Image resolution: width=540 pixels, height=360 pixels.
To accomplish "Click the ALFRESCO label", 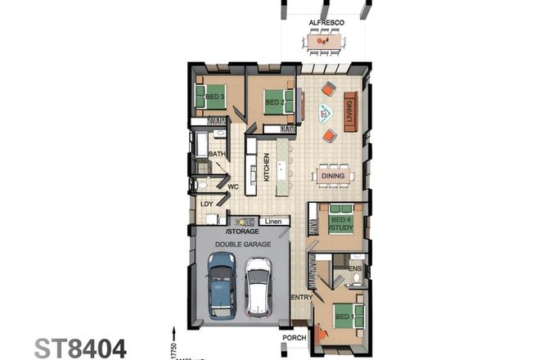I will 325,22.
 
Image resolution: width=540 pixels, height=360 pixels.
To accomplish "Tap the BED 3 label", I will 215,97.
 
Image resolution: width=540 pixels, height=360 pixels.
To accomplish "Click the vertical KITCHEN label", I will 266,168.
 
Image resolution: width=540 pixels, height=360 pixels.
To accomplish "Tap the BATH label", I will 217,154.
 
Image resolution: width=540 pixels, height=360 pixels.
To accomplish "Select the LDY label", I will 207,204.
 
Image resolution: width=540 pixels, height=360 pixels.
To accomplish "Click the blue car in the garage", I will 221,283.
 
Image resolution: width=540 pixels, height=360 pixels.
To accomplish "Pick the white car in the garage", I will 259,286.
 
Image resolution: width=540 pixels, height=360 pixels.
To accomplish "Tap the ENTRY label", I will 301,297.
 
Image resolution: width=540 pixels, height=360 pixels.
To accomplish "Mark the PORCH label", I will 294,337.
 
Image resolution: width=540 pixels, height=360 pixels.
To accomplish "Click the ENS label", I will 354,267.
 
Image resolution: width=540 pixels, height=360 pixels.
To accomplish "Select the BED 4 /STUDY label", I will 341,223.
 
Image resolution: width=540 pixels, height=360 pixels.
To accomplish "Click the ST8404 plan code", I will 80,348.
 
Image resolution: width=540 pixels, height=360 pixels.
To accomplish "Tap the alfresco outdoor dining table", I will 324,40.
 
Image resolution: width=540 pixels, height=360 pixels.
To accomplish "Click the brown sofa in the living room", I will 350,110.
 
